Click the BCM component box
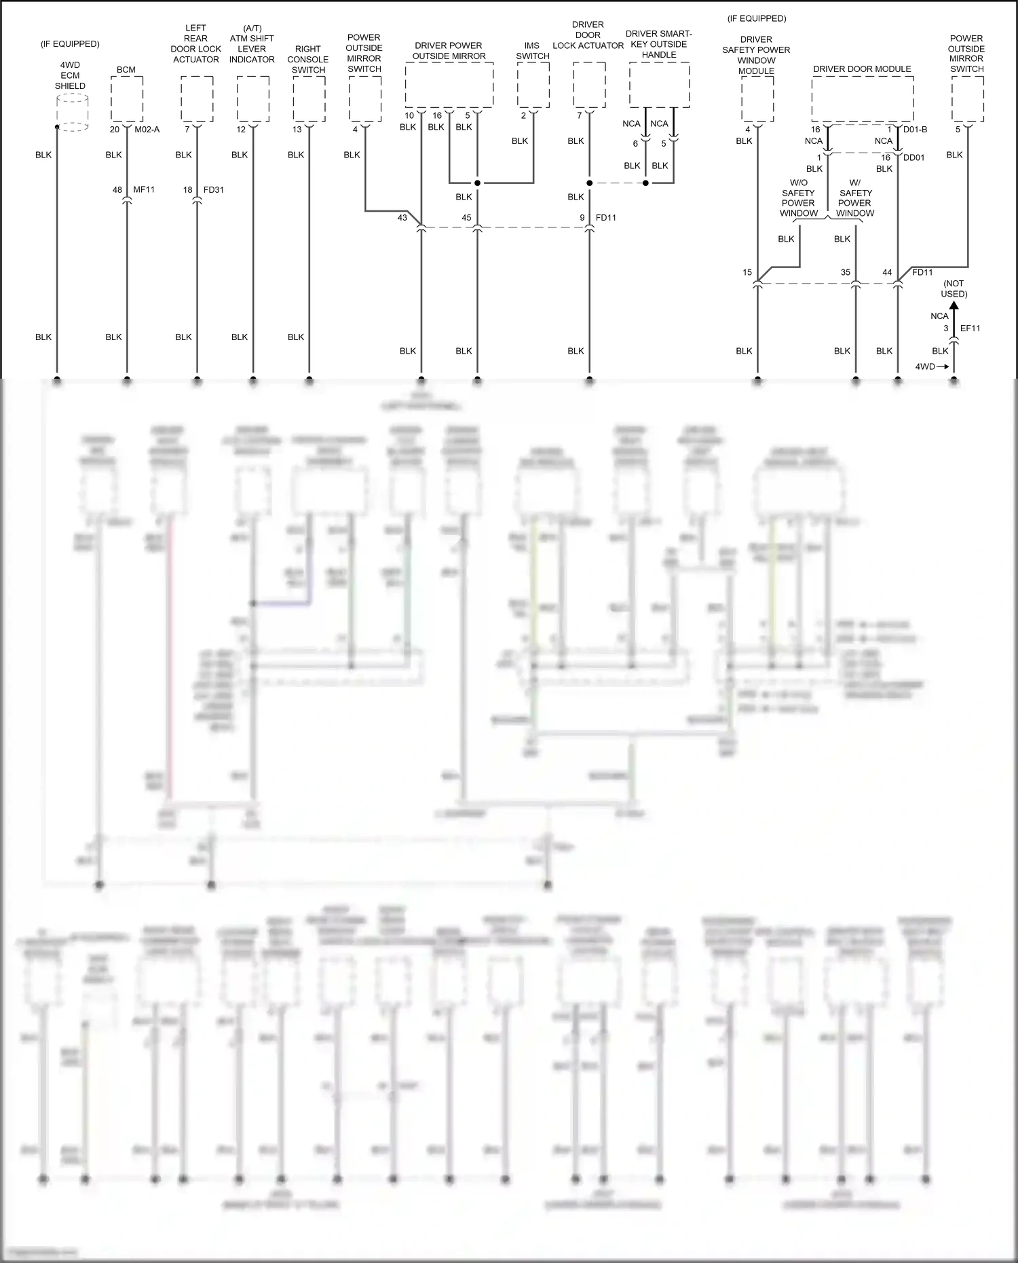pyautogui.click(x=127, y=98)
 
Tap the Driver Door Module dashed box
pyautogui.click(x=862, y=98)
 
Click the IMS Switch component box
pyautogui.click(x=533, y=85)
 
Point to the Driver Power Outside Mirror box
pyautogui.click(x=449, y=85)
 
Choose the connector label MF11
pyautogui.click(x=144, y=190)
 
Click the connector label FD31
pyautogui.click(x=213, y=190)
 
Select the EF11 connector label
pyautogui.click(x=970, y=328)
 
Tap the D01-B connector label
pyautogui.click(x=915, y=130)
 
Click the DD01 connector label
pyautogui.click(x=913, y=157)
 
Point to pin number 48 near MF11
pyautogui.click(x=117, y=190)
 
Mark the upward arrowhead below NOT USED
pyautogui.click(x=954, y=306)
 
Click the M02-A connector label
pyautogui.click(x=147, y=130)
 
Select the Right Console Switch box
pyautogui.click(x=309, y=98)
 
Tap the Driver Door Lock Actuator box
pyautogui.click(x=589, y=85)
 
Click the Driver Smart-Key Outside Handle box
pyautogui.click(x=659, y=85)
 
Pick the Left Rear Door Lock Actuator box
pyautogui.click(x=197, y=98)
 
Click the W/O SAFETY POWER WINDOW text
pyautogui.click(x=798, y=198)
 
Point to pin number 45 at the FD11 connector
pyautogui.click(x=466, y=218)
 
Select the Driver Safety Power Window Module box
pyautogui.click(x=757, y=98)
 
